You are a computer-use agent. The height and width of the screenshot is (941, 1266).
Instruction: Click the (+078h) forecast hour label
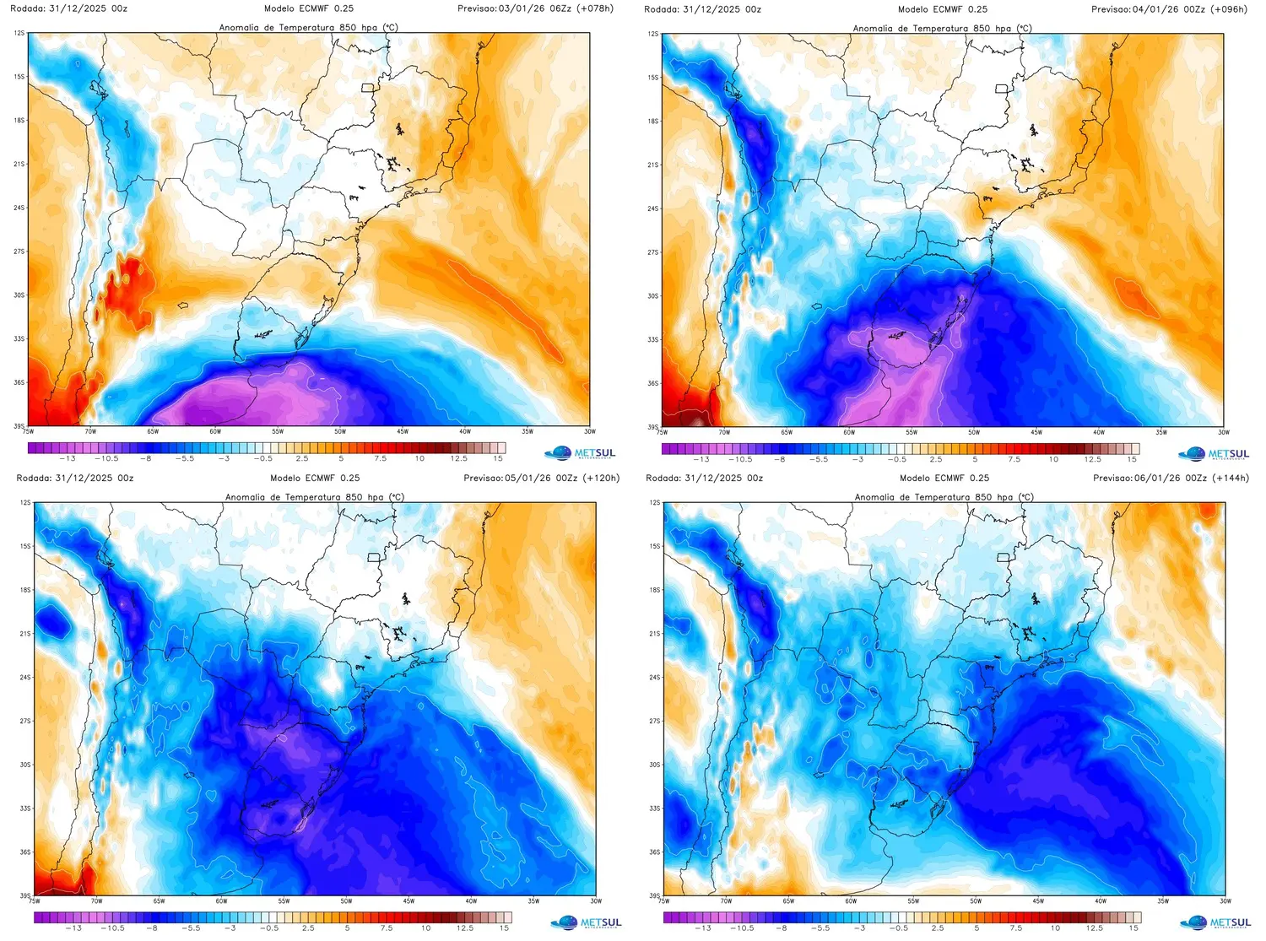click(x=595, y=8)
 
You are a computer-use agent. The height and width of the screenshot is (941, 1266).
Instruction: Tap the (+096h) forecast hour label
click(x=1229, y=9)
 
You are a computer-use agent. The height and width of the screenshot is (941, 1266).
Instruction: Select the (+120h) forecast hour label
click(x=601, y=478)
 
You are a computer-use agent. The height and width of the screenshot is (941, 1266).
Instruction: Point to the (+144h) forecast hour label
click(x=1231, y=478)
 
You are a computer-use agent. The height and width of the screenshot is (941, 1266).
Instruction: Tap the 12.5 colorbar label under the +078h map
click(x=458, y=458)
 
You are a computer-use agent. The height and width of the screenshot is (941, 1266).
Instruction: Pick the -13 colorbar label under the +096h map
click(x=701, y=459)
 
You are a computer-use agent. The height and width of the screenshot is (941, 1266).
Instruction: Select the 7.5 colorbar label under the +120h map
click(x=387, y=927)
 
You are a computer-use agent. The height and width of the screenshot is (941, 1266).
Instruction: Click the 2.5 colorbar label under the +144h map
click(x=938, y=927)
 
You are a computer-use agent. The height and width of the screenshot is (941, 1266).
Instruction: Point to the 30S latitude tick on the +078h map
click(x=19, y=295)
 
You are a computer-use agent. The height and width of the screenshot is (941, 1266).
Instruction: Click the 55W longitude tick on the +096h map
click(x=912, y=432)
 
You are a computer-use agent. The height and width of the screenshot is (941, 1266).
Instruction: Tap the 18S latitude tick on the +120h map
click(x=25, y=590)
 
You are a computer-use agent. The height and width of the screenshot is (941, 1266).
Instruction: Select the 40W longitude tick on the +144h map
click(x=1101, y=900)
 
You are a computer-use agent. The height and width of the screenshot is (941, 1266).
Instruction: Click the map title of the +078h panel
click(x=308, y=27)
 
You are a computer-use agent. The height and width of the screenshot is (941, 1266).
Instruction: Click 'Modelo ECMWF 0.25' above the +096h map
click(x=942, y=9)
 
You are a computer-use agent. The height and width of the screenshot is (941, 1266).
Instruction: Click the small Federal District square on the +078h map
click(x=367, y=88)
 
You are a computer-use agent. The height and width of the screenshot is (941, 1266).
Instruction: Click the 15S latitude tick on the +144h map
click(x=655, y=546)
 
